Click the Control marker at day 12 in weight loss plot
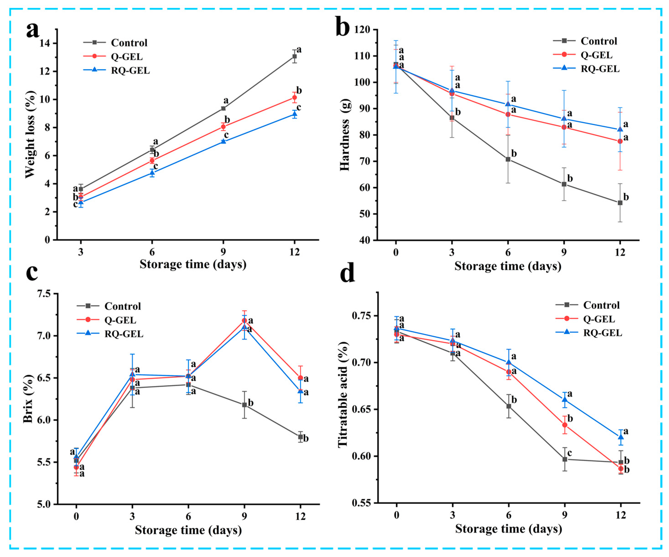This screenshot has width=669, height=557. coord(294,56)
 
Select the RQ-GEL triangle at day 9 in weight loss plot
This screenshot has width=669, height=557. coord(223,141)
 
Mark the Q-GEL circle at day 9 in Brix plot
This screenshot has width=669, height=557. coord(244,320)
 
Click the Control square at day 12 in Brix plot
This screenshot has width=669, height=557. coord(300,437)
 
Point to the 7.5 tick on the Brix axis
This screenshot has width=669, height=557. coord(45,294)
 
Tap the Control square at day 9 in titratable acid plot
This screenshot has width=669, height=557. coord(565,459)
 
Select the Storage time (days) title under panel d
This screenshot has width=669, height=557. coord(508,529)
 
